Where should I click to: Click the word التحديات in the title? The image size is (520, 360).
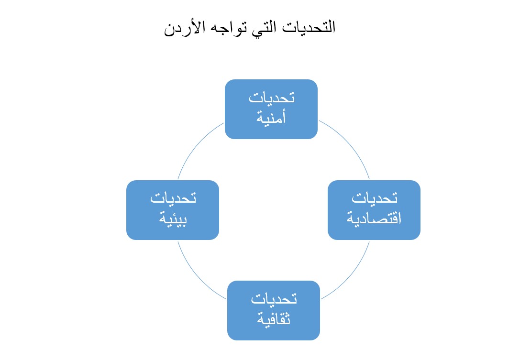[x=309, y=27]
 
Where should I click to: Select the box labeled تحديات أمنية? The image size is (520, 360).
[x=271, y=109]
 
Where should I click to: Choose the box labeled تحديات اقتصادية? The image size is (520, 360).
[x=374, y=210]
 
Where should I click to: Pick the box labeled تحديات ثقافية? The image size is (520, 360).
[x=274, y=310]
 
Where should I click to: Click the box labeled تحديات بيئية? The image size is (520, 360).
[x=173, y=210]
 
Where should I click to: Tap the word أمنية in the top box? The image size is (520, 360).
[x=271, y=118]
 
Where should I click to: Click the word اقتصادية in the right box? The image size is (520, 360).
[x=374, y=218]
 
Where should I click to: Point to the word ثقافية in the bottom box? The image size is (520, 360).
[x=274, y=318]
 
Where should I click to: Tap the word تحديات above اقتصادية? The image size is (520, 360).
[x=375, y=198]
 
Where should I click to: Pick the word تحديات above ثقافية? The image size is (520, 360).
[x=274, y=299]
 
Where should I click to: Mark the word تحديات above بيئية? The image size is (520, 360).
[x=173, y=198]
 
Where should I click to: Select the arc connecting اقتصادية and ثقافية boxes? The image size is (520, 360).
[x=351, y=274]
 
